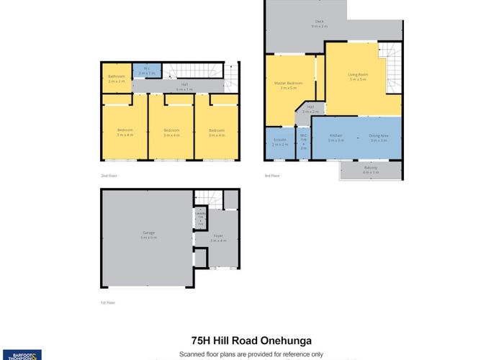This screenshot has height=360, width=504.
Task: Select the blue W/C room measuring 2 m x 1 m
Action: [146, 71]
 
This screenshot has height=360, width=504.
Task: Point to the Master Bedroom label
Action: [288, 86]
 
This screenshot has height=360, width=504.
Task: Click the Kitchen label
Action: [336, 138]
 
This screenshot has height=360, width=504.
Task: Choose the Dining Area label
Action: [379, 138]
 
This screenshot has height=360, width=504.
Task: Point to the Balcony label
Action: [371, 170]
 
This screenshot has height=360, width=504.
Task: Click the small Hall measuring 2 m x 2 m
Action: [310, 110]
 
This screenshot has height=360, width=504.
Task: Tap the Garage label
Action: [148, 235]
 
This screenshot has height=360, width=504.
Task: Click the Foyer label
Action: [218, 238]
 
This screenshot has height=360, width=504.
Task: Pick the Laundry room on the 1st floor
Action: [201, 218]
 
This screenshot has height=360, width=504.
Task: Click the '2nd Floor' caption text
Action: [109, 176]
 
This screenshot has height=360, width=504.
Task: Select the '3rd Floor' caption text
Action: [272, 176]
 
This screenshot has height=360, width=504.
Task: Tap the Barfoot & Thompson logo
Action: [22, 354]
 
